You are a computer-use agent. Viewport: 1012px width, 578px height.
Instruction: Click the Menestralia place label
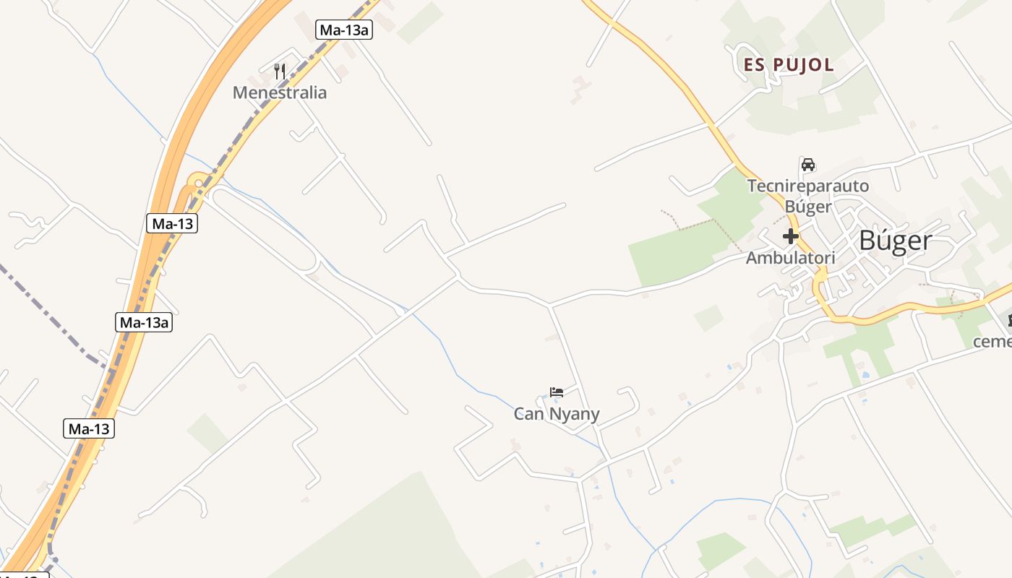click(x=279, y=92)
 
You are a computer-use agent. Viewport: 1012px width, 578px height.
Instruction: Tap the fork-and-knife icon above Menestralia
click(x=280, y=71)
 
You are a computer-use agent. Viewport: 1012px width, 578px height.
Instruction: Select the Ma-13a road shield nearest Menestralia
click(x=344, y=30)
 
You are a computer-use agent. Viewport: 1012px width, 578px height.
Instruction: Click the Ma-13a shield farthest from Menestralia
click(x=143, y=322)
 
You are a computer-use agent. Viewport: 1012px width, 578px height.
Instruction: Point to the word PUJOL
click(x=803, y=64)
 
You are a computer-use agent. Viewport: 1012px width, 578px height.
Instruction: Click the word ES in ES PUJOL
click(x=754, y=64)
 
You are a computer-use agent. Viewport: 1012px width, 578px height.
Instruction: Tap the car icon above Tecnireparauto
click(x=807, y=164)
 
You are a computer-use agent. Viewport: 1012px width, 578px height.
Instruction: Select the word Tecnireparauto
click(x=807, y=186)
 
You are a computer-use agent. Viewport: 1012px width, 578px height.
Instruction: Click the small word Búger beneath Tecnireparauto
click(x=807, y=207)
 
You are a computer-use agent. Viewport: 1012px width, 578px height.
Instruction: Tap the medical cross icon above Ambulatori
click(x=790, y=236)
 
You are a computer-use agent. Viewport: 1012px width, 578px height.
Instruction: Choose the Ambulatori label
click(x=790, y=258)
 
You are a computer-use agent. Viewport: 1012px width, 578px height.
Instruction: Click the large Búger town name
click(x=895, y=241)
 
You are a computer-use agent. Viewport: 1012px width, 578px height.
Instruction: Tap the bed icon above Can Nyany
click(x=556, y=392)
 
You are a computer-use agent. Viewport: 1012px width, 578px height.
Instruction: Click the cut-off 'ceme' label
click(x=992, y=341)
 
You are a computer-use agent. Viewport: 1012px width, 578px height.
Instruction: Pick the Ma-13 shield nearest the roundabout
click(x=172, y=223)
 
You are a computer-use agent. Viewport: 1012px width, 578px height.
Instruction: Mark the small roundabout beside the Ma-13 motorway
click(x=197, y=181)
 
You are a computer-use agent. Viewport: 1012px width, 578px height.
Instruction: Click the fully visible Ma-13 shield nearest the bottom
click(x=89, y=428)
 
